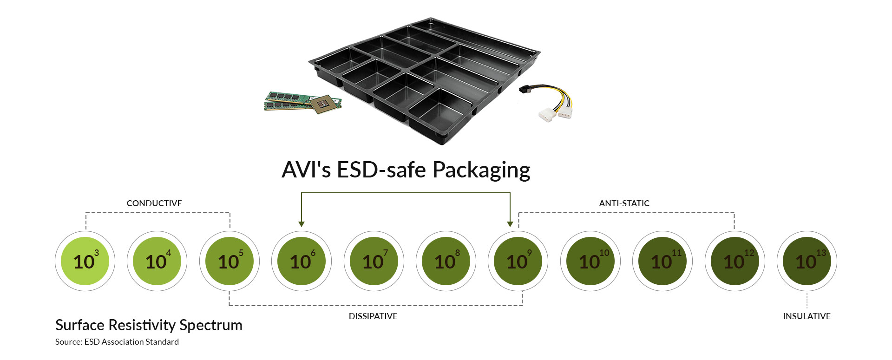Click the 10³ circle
pyautogui.click(x=85, y=261)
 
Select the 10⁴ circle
pyautogui.click(x=157, y=261)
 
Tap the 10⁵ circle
pyautogui.click(x=230, y=261)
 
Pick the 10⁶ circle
pyautogui.click(x=302, y=261)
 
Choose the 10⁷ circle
pyautogui.click(x=374, y=261)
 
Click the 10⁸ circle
pyautogui.click(x=446, y=261)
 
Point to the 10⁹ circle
pyautogui.click(x=518, y=261)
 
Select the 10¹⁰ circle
pyautogui.click(x=590, y=261)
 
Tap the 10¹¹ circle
pyautogui.click(x=662, y=261)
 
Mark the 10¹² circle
pyautogui.click(x=735, y=261)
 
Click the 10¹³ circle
pyautogui.click(x=807, y=261)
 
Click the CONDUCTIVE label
pyautogui.click(x=154, y=203)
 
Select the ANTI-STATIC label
pyautogui.click(x=624, y=203)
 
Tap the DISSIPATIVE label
pyautogui.click(x=373, y=316)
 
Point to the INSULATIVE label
pyautogui.click(x=807, y=316)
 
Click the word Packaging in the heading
pyautogui.click(x=481, y=170)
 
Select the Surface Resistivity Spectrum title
pyautogui.click(x=149, y=325)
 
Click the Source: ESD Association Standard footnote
pyautogui.click(x=117, y=342)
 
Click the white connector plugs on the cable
pyautogui.click(x=555, y=113)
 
